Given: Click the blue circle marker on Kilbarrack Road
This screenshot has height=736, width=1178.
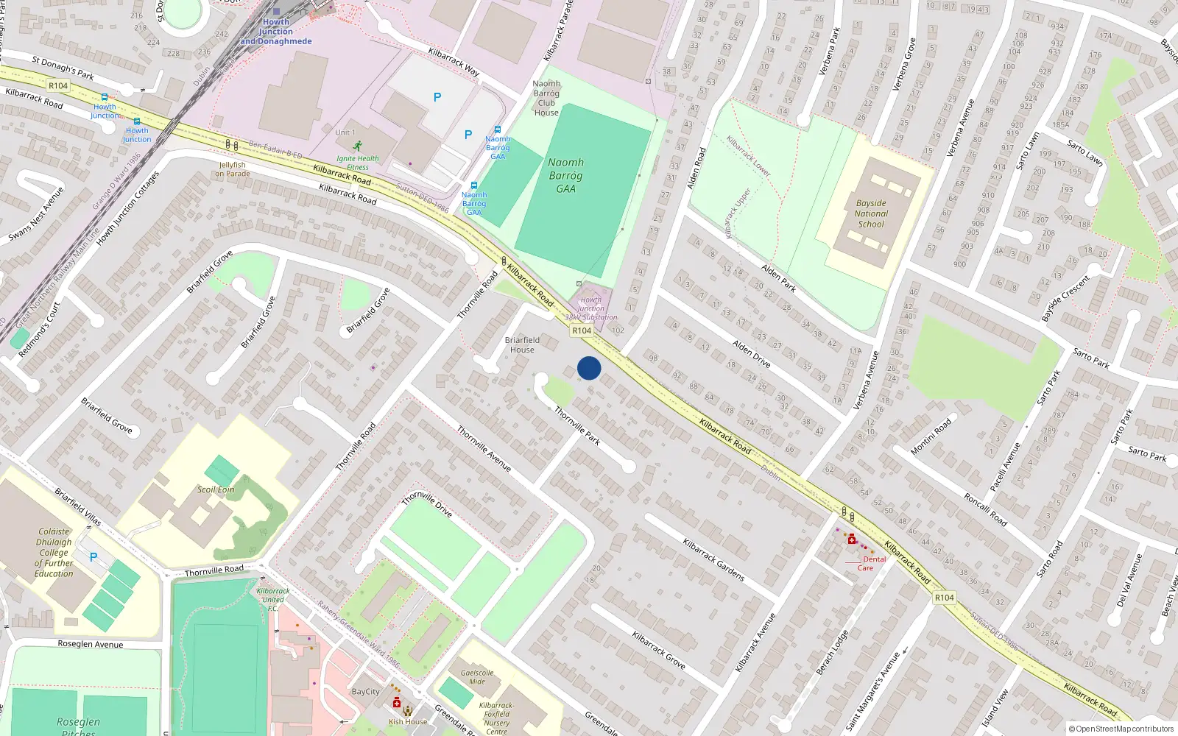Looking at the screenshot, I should pos(589,368).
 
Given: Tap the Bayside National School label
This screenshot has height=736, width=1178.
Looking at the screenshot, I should pos(871,213).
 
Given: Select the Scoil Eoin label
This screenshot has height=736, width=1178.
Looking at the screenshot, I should pos(216,489).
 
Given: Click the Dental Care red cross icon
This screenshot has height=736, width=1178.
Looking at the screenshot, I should pos(852,540).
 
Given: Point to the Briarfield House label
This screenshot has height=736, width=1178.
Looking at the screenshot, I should pos(522,344).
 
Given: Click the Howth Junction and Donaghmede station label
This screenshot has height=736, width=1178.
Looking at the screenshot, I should pos(276,32).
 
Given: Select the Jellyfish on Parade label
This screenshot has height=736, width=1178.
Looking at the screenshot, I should pos(233,169).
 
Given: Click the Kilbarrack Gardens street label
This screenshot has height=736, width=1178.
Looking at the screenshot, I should pos(713,560).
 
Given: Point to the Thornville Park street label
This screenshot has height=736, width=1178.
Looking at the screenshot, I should pos(577,426).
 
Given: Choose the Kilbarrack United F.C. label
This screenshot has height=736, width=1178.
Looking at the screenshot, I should pos(272,599).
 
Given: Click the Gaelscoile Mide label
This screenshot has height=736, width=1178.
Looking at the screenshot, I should pos(477,676).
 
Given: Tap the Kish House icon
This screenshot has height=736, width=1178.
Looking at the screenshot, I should pos(408,711).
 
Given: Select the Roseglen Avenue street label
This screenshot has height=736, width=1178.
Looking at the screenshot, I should pos(91,644).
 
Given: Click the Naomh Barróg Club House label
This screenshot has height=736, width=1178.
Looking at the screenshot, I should pos(546,98).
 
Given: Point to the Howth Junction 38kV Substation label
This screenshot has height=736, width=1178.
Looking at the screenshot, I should pos(591,308).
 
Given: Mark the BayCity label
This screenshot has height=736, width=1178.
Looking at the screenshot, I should pos(366,692).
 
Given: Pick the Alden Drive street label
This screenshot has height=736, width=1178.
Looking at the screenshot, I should pos(751,354).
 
